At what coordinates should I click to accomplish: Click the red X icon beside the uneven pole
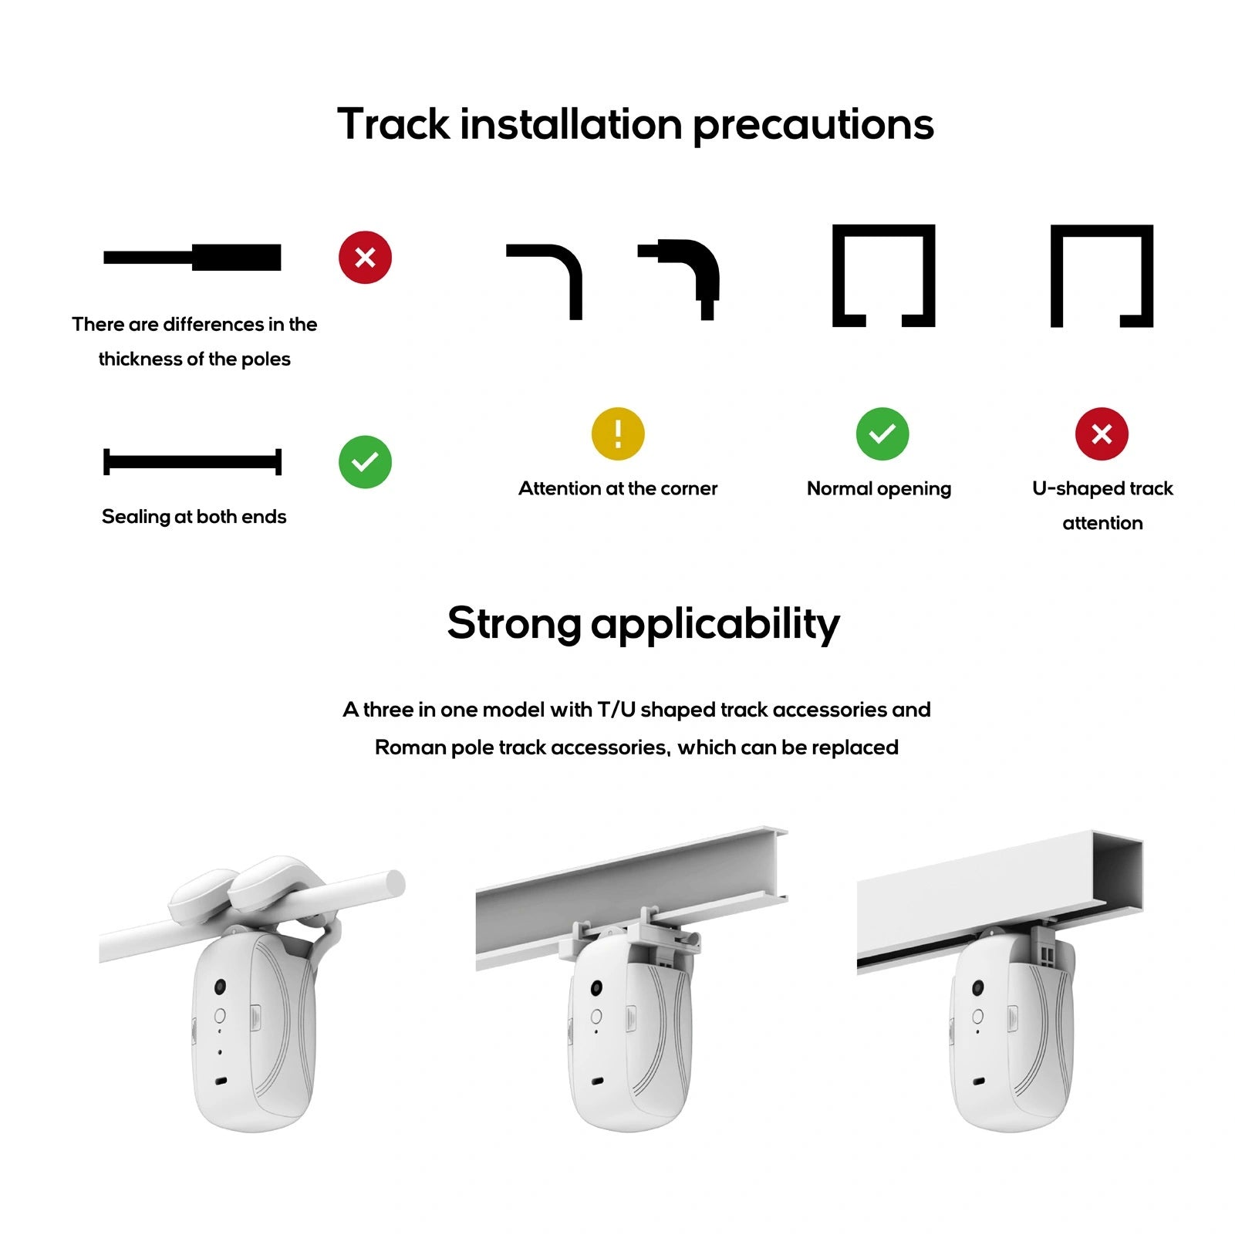pos(365,257)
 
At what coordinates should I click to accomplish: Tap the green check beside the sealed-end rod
pos(365,462)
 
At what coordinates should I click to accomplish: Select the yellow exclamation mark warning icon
pos(618,434)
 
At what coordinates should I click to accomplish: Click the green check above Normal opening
pos(882,434)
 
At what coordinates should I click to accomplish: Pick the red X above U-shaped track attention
pos(1102,434)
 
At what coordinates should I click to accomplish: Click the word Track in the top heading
pos(393,124)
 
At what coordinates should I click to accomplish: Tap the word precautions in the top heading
pos(813,124)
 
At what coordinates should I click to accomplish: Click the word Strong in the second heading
pos(513,623)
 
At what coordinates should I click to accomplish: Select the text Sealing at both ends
pos(194,517)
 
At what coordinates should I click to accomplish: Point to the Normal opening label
pos(879,488)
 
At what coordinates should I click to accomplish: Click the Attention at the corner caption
pos(618,488)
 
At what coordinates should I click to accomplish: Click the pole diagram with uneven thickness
pos(193,257)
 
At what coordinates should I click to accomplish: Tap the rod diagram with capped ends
pos(193,462)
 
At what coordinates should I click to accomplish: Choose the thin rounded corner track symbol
pos(547,278)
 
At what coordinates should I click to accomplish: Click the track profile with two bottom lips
pos(883,275)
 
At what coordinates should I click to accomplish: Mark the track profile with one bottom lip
pos(1102,275)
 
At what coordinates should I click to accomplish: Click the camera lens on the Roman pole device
pos(221,987)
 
